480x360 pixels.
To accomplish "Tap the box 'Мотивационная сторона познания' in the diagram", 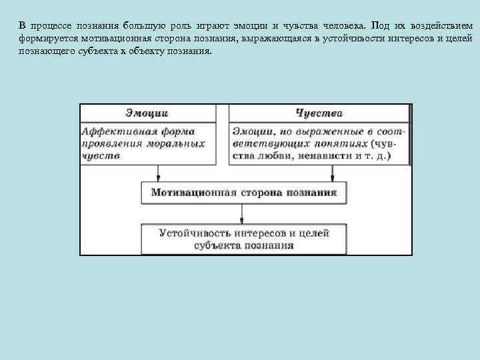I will (x=243, y=193).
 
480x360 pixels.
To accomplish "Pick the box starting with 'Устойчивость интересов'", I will (x=243, y=239).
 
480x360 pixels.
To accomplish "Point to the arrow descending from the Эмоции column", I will (x=158, y=173).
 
